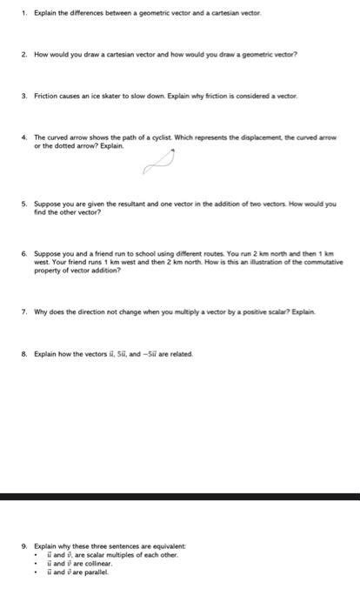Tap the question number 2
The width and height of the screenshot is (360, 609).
click(x=23, y=53)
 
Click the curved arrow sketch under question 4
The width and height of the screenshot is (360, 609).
click(x=175, y=161)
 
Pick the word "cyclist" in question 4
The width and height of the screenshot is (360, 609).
click(x=167, y=137)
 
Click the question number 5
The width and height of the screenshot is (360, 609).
click(x=23, y=204)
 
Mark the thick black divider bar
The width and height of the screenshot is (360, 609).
click(x=180, y=496)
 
